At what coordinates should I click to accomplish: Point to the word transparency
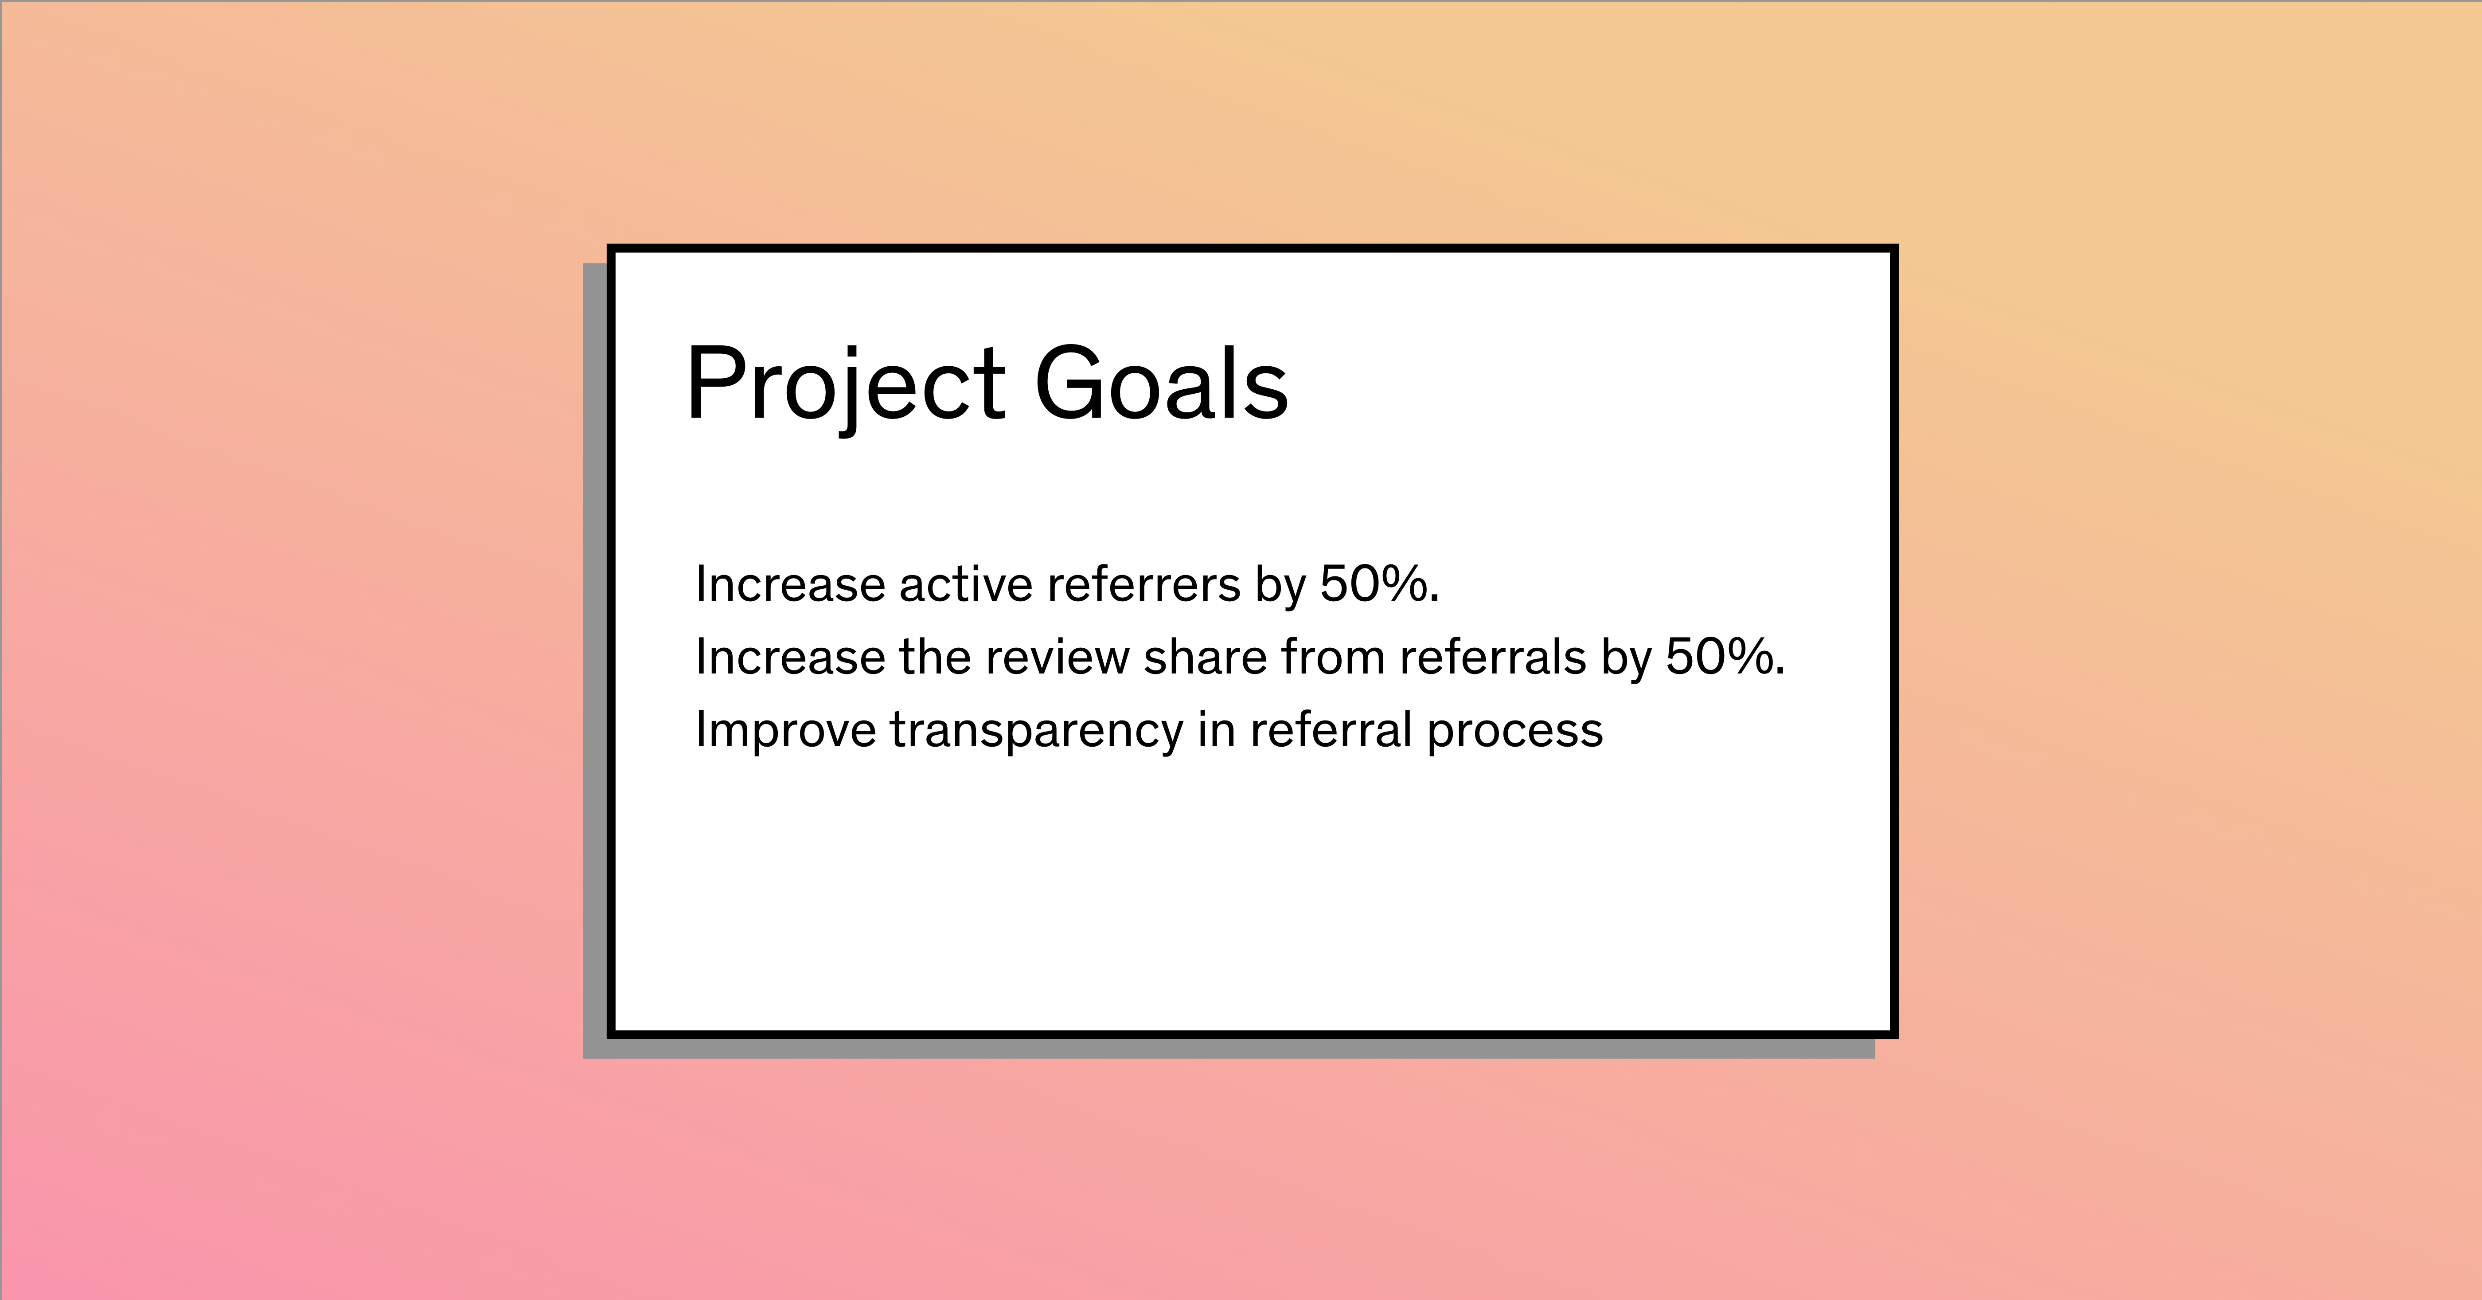coord(1036,730)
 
